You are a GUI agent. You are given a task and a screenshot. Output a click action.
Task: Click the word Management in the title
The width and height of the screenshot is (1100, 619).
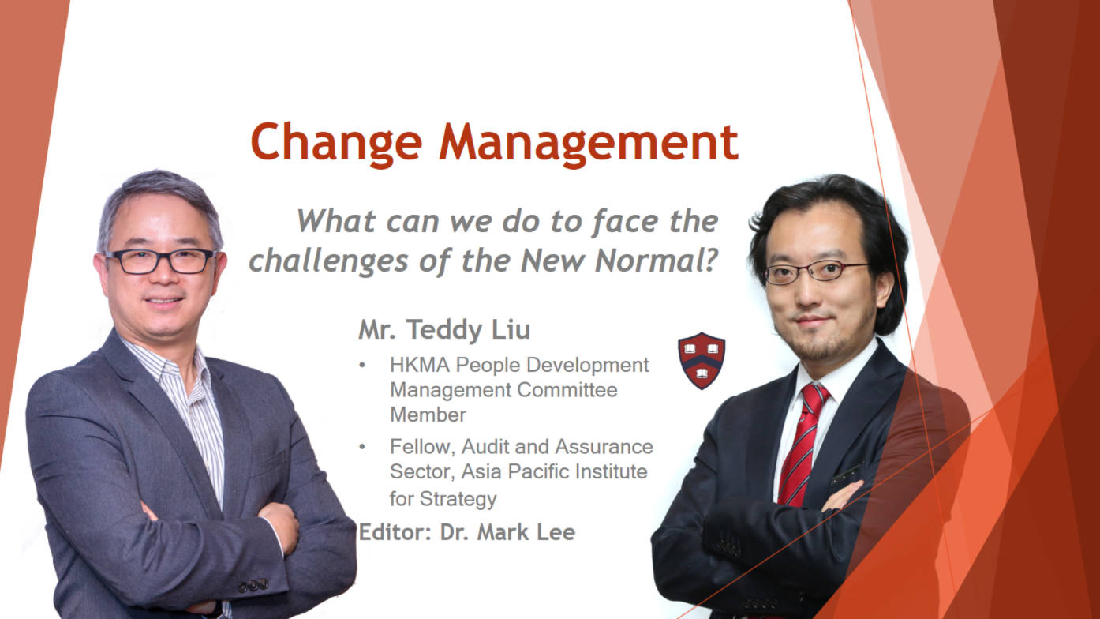(x=592, y=142)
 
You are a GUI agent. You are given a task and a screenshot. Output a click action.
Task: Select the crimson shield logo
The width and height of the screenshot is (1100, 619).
(x=701, y=360)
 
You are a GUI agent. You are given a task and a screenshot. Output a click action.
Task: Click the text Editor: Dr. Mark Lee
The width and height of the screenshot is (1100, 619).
(x=466, y=532)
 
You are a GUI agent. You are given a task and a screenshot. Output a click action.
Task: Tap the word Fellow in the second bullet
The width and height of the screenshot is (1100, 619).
(x=422, y=447)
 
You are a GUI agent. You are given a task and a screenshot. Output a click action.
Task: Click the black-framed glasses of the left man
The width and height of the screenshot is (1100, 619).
(x=161, y=261)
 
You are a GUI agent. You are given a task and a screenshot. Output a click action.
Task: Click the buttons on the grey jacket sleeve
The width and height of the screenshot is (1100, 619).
(x=253, y=586)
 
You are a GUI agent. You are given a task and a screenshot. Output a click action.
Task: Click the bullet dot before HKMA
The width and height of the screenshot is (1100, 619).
(x=362, y=366)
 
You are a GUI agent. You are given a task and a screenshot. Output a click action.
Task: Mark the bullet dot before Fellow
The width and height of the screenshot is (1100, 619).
(x=362, y=448)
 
